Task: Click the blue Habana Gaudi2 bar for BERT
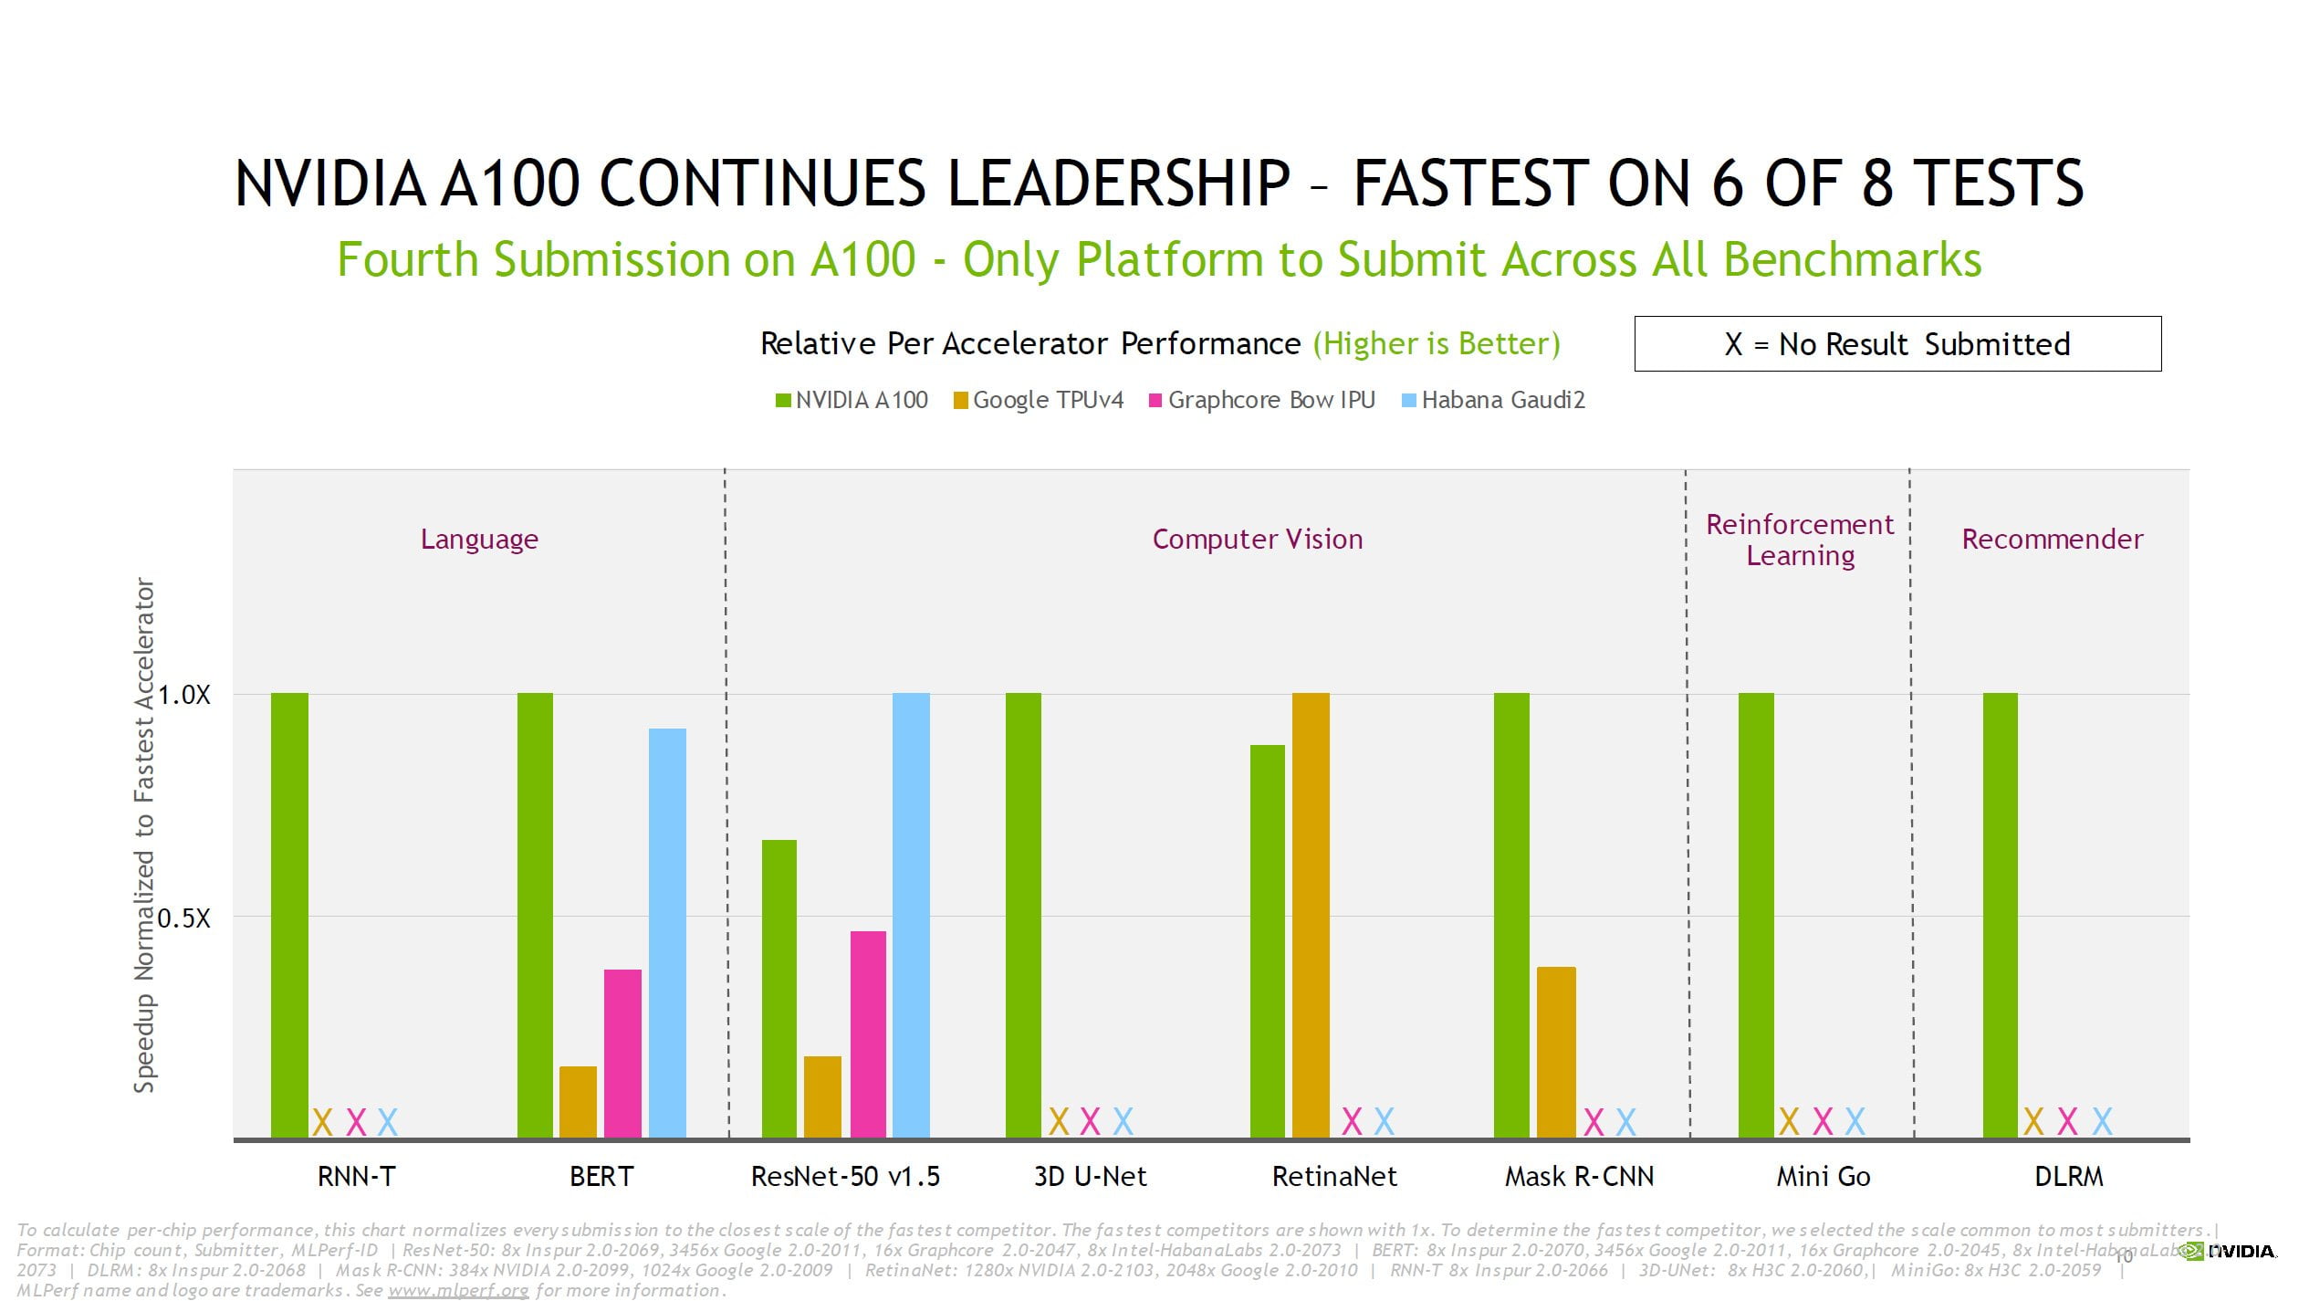667,932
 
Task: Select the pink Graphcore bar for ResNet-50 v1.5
868,1033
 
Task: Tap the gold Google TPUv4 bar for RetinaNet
1311,915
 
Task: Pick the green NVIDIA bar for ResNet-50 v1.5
779,988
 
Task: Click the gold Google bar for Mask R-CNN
1556,1052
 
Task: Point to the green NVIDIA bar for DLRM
2000,915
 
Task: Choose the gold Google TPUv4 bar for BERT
578,1101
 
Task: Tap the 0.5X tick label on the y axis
183,918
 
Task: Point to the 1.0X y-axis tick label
183,695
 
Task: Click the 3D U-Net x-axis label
1090,1176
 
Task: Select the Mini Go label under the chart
1823,1176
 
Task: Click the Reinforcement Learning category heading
1800,540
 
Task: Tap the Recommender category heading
2052,539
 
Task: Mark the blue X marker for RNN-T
388,1121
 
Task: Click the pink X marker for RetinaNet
1352,1121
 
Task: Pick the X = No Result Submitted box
1897,344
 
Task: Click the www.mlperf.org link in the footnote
458,1290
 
